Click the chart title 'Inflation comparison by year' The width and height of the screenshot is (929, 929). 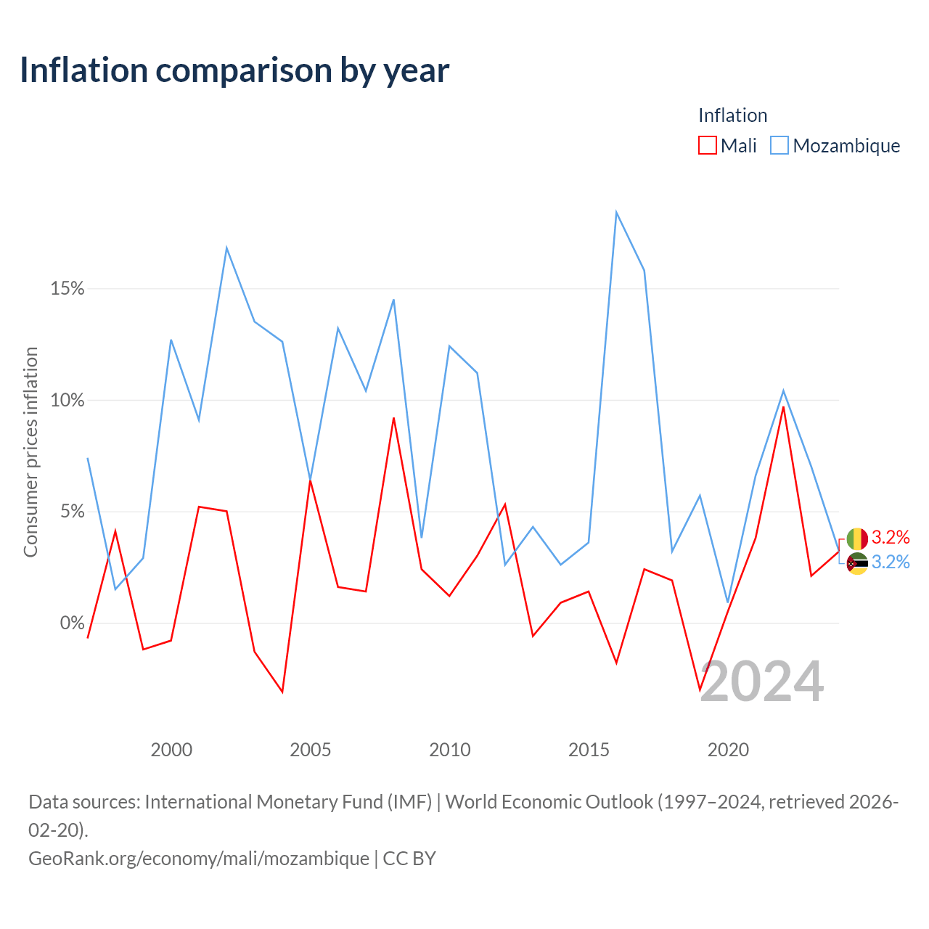[234, 70]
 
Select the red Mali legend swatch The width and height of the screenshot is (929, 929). [707, 145]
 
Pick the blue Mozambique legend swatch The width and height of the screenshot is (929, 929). [779, 145]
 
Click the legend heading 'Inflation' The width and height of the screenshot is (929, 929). [732, 115]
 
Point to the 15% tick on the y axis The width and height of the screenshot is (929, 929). [67, 288]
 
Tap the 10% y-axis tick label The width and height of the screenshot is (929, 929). [67, 400]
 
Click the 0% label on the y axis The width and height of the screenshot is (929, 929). [73, 623]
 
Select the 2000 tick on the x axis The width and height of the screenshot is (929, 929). [171, 750]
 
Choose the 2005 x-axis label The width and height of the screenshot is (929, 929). [310, 750]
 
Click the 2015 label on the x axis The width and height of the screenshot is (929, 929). [589, 750]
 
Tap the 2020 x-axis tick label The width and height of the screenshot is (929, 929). [728, 750]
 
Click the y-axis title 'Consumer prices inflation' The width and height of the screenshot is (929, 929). [30, 452]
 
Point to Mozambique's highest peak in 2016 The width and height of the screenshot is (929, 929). [617, 212]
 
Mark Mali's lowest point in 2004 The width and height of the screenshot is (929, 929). [282, 692]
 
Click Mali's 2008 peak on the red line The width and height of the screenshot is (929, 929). [394, 418]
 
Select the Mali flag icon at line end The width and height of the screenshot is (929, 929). [856, 539]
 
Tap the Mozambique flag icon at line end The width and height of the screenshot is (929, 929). [856, 563]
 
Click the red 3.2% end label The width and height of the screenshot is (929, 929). [891, 537]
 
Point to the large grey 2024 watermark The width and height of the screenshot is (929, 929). [762, 682]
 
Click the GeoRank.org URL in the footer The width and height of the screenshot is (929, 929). [199, 859]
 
